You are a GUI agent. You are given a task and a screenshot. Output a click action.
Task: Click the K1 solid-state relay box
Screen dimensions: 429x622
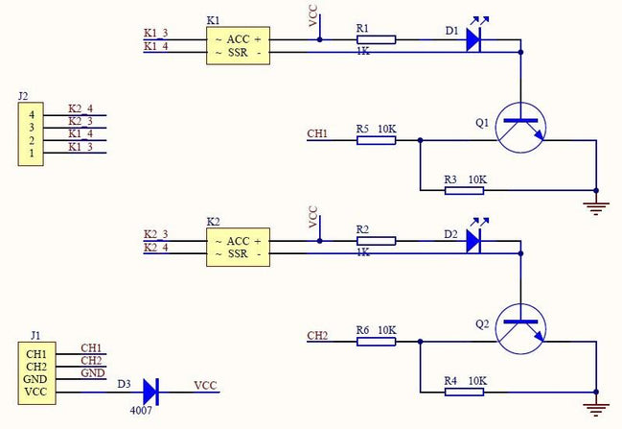(239, 45)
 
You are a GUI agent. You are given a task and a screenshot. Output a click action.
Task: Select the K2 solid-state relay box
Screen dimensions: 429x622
(239, 247)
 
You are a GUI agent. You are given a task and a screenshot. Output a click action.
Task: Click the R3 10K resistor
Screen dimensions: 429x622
(464, 190)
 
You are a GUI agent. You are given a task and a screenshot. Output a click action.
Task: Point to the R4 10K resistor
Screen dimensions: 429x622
(464, 392)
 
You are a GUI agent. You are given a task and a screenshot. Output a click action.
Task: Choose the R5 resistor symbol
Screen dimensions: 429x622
(376, 140)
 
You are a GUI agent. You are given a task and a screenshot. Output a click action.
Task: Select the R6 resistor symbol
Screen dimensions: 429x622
(376, 342)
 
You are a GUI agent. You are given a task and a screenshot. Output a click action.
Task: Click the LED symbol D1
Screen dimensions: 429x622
(473, 39)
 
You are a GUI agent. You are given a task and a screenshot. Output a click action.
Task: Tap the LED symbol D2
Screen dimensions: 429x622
(473, 241)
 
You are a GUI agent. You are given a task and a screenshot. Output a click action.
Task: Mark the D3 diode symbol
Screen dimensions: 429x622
(150, 391)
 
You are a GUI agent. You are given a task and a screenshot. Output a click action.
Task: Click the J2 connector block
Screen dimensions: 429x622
(32, 133)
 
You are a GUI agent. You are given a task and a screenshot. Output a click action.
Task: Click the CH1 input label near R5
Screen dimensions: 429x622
(317, 133)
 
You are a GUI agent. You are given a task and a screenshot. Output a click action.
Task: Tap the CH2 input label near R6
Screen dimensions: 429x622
(317, 335)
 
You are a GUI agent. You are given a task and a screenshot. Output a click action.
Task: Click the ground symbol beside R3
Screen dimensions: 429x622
(597, 204)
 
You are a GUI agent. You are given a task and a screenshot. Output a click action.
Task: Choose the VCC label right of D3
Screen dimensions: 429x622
(205, 385)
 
